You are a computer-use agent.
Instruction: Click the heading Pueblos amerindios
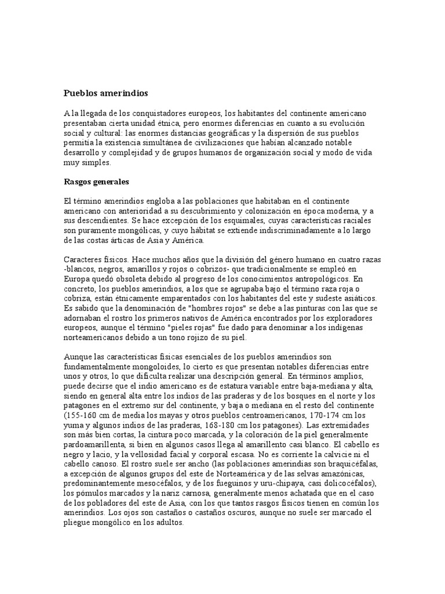[105, 93]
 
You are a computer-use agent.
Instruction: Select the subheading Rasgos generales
[96, 182]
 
